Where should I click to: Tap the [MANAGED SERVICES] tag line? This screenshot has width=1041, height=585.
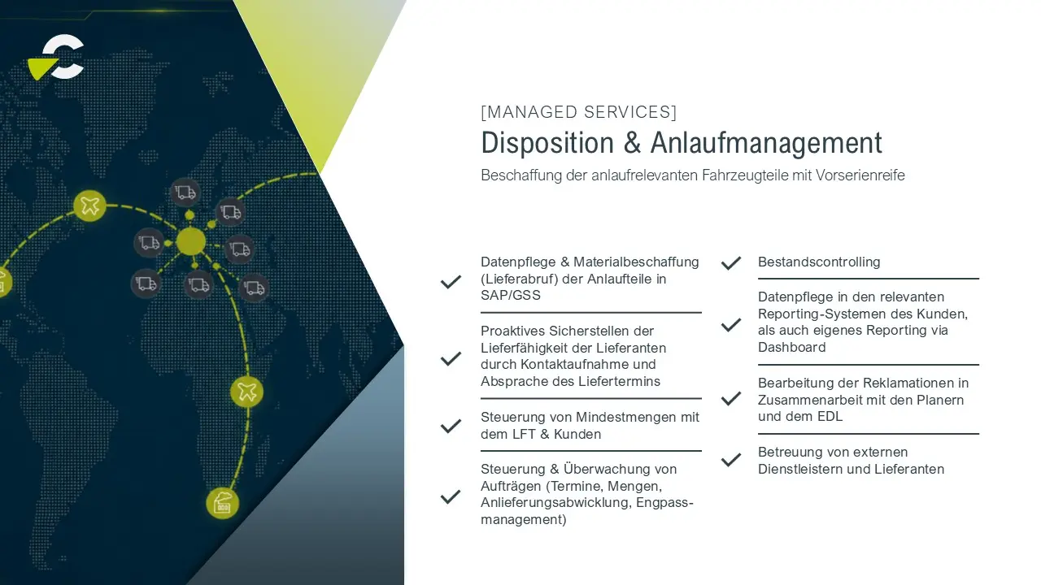[x=578, y=112]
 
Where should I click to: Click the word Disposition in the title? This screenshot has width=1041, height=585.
[x=547, y=142]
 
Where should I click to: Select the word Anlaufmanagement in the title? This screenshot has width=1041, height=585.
[x=766, y=142]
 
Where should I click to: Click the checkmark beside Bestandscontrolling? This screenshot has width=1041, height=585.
[x=731, y=263]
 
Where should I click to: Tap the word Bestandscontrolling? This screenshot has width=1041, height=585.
[x=819, y=262]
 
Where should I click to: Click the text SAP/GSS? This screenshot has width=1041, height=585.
[x=510, y=295]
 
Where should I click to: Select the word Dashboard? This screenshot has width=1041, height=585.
[x=792, y=347]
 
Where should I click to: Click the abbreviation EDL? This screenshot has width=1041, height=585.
[x=830, y=417]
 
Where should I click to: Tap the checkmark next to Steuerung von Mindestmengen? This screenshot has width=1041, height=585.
[x=451, y=426]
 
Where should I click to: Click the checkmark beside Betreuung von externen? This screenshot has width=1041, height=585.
[x=731, y=460]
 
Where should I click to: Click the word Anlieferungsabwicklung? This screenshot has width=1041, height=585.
[x=555, y=503]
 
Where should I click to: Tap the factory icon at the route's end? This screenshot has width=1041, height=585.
[x=223, y=504]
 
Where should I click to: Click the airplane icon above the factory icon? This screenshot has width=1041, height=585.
[x=246, y=392]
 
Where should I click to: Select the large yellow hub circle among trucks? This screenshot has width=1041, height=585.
[x=190, y=241]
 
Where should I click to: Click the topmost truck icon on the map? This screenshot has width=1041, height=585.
[x=185, y=193]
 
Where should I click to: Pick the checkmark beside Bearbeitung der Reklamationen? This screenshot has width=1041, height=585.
[x=731, y=399]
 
